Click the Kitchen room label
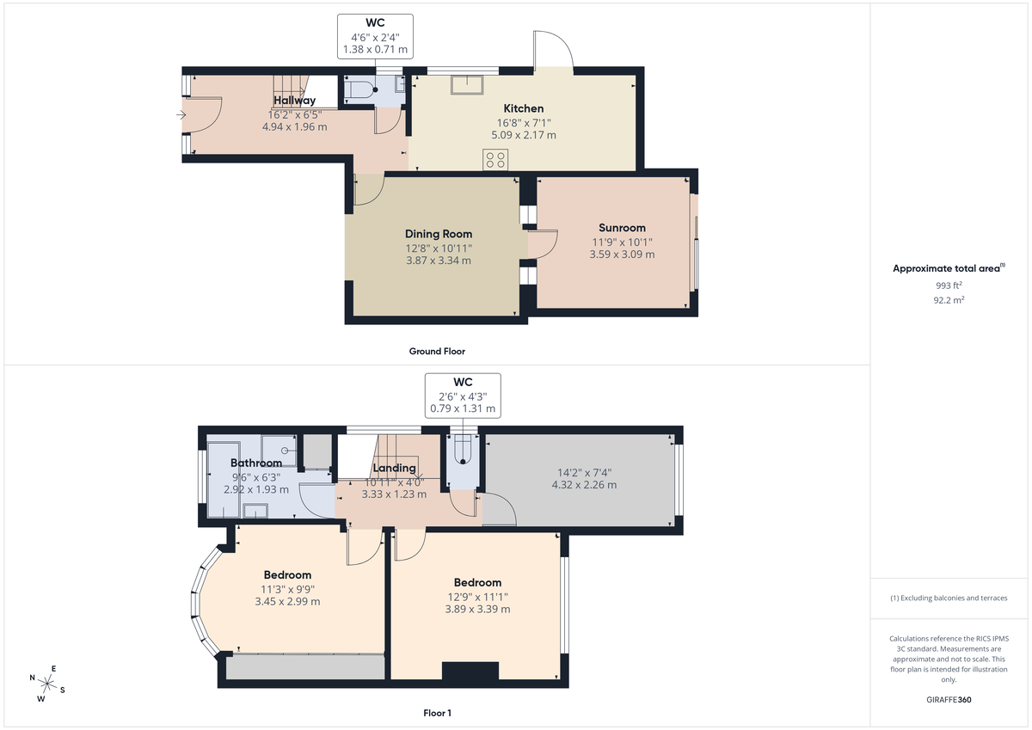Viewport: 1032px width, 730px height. pyautogui.click(x=523, y=108)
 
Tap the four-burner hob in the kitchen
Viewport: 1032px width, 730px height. pyautogui.click(x=495, y=159)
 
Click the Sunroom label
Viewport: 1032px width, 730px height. pyautogui.click(x=621, y=228)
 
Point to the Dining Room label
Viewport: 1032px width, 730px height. pyautogui.click(x=439, y=234)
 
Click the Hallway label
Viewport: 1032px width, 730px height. pyautogui.click(x=294, y=101)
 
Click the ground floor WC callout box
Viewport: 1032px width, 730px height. pyautogui.click(x=375, y=37)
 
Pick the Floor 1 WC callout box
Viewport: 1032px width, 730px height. pyautogui.click(x=463, y=395)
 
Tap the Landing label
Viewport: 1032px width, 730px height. pyautogui.click(x=394, y=468)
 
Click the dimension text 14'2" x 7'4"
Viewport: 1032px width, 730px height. pyautogui.click(x=584, y=471)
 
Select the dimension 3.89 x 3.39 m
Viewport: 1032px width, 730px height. pyautogui.click(x=477, y=609)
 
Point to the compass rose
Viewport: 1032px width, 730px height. pyautogui.click(x=47, y=684)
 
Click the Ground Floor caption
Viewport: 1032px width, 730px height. pyautogui.click(x=437, y=351)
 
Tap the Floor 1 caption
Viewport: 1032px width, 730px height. pyautogui.click(x=437, y=713)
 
